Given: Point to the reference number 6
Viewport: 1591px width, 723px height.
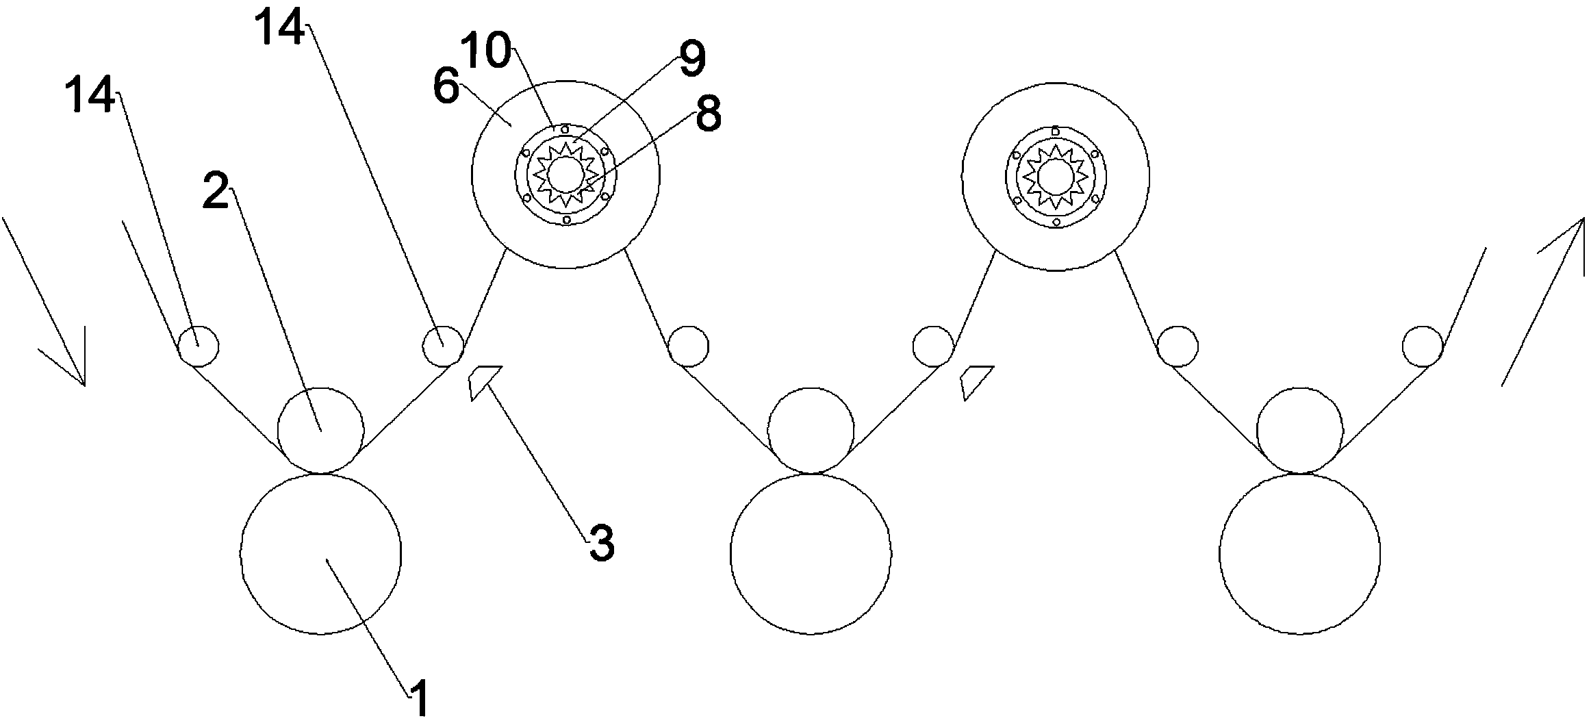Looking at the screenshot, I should click(446, 88).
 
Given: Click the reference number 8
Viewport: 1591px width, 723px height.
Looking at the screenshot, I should click(708, 115).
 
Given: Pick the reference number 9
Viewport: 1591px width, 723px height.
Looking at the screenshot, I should click(692, 59).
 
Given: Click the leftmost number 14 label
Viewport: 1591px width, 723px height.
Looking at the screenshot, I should click(90, 94).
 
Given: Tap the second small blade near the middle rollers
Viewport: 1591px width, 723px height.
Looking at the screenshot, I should click(973, 381).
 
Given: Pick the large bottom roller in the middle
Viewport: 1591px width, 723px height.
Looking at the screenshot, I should click(811, 553).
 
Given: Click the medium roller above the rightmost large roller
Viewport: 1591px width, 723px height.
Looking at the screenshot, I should click(1300, 431).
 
